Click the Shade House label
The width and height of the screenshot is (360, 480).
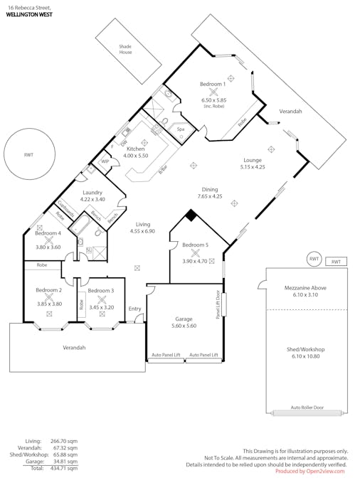pos(125,50)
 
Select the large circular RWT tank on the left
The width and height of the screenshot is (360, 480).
pos(28,154)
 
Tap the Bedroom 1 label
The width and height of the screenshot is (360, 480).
pos(212,83)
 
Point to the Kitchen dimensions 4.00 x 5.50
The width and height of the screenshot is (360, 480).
pos(135,155)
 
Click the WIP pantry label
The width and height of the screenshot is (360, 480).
pos(105,161)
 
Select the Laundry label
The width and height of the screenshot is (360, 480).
pos(92,192)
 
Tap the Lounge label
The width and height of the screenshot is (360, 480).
pos(252,160)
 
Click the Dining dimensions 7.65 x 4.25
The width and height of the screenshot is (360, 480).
pos(210,196)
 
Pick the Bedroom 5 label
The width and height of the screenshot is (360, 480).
pos(195,245)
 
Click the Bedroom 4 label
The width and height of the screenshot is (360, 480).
pos(49,233)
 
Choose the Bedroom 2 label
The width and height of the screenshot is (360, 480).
pos(48,290)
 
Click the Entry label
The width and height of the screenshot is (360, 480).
pos(135,309)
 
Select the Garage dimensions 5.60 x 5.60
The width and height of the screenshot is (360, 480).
pos(184,326)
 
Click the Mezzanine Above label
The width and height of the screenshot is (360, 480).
pos(305,287)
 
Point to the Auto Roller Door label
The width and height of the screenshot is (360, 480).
pos(307,408)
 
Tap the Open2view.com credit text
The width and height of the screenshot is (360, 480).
pos(312,471)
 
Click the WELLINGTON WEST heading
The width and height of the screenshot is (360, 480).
pos(28,14)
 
